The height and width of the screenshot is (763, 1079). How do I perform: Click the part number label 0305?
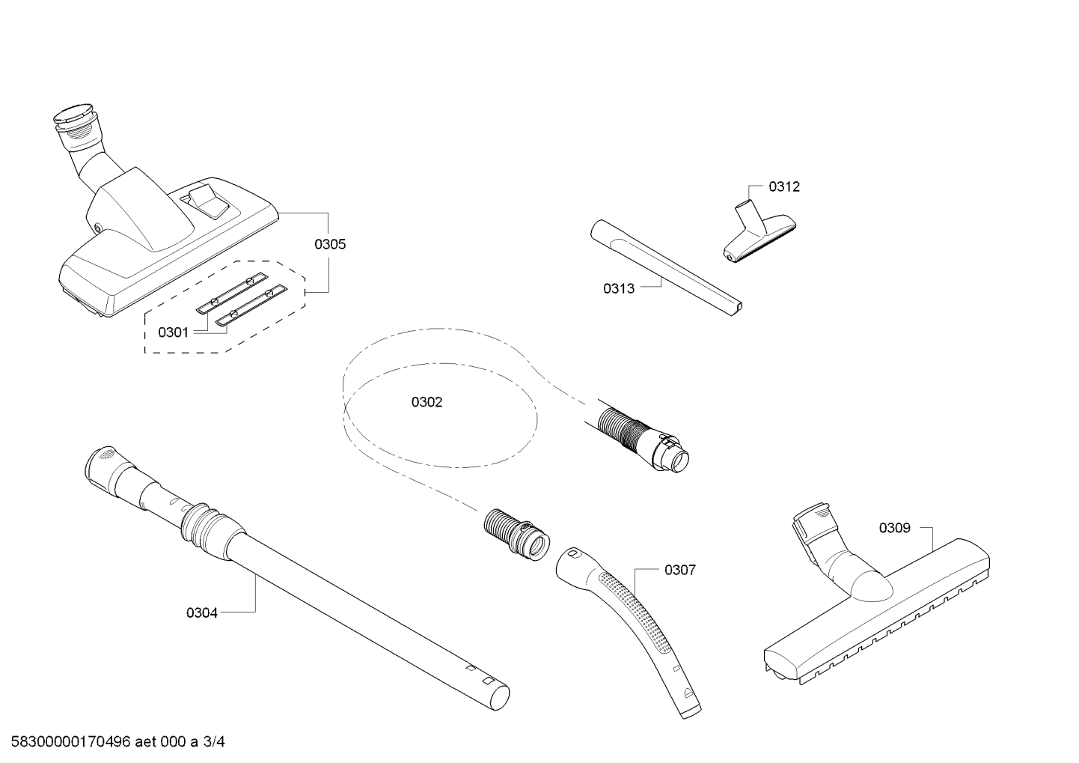point(330,244)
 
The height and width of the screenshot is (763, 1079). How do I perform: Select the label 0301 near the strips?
point(174,332)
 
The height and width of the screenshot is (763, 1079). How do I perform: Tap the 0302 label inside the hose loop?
point(427,402)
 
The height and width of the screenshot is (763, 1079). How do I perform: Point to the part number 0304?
point(202,612)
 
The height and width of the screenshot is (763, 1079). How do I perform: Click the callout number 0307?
point(680,570)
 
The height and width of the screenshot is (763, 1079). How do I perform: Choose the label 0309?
point(895,528)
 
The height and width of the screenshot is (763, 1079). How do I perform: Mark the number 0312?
point(784,186)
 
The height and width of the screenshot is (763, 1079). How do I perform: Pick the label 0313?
point(619,288)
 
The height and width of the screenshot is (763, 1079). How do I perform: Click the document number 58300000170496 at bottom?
point(71,741)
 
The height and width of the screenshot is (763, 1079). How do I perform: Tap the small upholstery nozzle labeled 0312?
point(759,232)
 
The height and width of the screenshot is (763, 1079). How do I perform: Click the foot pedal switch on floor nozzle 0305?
point(208,201)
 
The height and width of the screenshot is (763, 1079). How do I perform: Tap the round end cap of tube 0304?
point(500,697)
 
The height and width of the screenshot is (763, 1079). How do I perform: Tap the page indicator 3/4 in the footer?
point(213,741)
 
